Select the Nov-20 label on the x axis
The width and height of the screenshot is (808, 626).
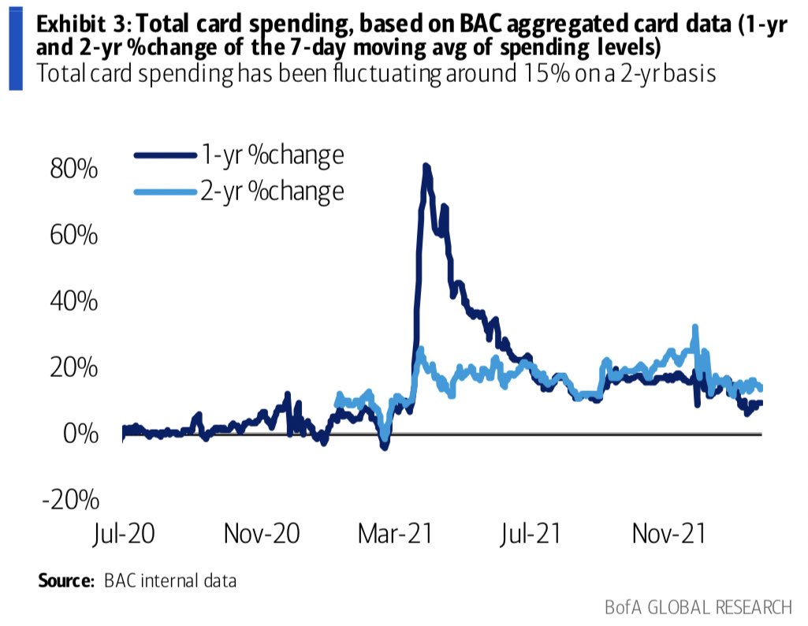(261, 534)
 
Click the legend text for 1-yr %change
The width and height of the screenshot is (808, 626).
(273, 155)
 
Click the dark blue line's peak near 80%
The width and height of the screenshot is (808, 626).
(426, 166)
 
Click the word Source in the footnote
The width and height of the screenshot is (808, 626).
(65, 581)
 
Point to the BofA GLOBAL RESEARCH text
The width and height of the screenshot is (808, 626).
(698, 607)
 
